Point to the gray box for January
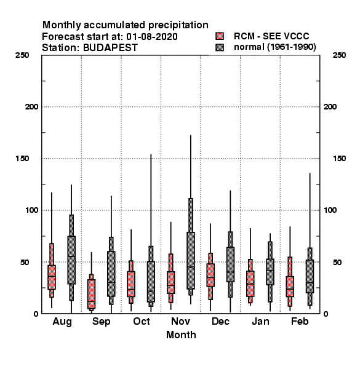[270, 272]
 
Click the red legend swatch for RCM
[220, 36]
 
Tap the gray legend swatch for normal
[220, 47]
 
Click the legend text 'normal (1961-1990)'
[274, 47]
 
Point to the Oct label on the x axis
[142, 321]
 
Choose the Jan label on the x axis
[260, 321]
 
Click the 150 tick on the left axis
[22, 159]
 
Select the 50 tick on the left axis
[25, 262]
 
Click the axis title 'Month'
[181, 335]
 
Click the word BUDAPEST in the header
[110, 48]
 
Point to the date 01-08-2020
[152, 37]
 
